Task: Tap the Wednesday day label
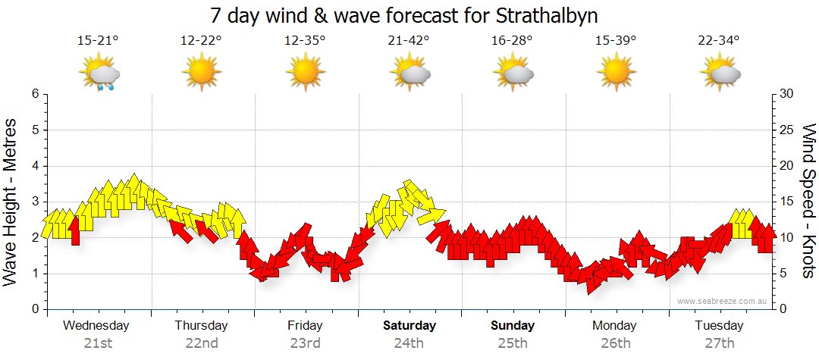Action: pyautogui.click(x=97, y=326)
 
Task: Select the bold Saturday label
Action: pyautogui.click(x=409, y=326)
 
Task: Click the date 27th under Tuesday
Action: pyautogui.click(x=720, y=343)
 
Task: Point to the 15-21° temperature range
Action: pyautogui.click(x=98, y=41)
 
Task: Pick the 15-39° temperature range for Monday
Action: pyautogui.click(x=616, y=41)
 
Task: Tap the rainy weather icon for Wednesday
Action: pyautogui.click(x=99, y=74)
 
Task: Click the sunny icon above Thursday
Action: pyautogui.click(x=201, y=73)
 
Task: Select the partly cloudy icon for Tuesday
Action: pyautogui.click(x=720, y=74)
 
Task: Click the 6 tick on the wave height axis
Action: pyautogui.click(x=35, y=94)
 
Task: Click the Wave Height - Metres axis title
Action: pyautogui.click(x=11, y=201)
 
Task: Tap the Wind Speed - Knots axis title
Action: pyautogui.click(x=808, y=201)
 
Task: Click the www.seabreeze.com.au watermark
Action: pyautogui.click(x=722, y=302)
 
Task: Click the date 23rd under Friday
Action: pyautogui.click(x=305, y=343)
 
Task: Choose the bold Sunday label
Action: pyautogui.click(x=513, y=326)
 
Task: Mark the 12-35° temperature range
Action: pyautogui.click(x=305, y=41)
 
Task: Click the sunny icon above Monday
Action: pyautogui.click(x=616, y=73)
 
